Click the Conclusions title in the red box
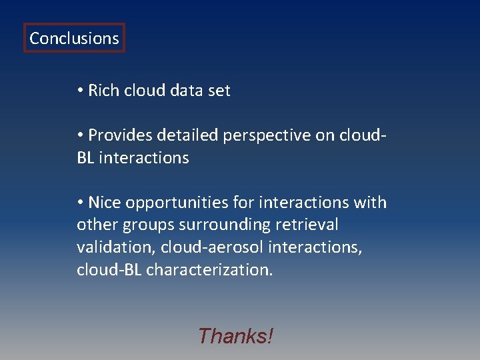coord(74,39)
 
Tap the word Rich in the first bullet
coord(102,91)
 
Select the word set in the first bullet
coord(218,91)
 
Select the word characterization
coord(209,270)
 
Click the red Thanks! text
coord(235,336)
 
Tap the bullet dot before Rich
coord(80,91)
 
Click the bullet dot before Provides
coord(80,135)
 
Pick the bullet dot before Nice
coord(80,202)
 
